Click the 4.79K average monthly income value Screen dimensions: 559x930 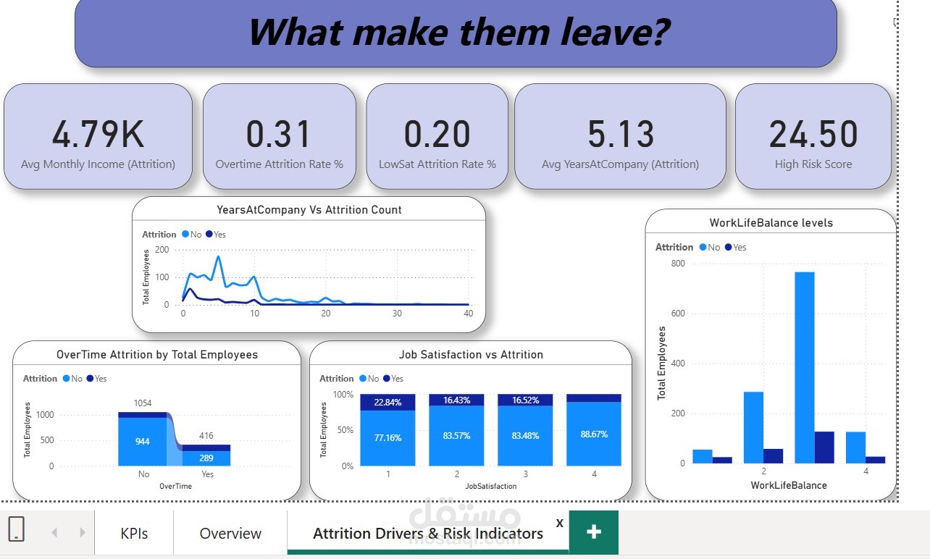pos(98,134)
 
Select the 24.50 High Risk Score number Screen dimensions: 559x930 pos(813,134)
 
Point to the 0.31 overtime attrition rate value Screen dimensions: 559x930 pos(279,134)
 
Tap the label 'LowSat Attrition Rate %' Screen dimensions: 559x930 pos(437,164)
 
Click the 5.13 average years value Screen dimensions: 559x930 pos(621,134)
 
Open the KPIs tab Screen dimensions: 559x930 pos(134,534)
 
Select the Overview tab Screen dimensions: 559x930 pos(230,534)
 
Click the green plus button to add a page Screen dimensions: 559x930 pos(594,531)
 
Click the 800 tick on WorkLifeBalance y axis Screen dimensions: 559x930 pos(677,264)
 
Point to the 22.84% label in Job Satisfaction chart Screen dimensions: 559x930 pos(387,403)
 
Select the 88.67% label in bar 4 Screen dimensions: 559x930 pos(594,434)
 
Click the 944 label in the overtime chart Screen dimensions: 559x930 pos(143,441)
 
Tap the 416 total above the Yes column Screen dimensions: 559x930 pos(206,436)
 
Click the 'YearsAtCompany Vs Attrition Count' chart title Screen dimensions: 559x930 pos(309,210)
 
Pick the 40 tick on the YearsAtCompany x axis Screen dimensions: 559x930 pos(468,314)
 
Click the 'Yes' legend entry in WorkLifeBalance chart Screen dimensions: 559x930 pos(735,248)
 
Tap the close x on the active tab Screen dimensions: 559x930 pos(559,523)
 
